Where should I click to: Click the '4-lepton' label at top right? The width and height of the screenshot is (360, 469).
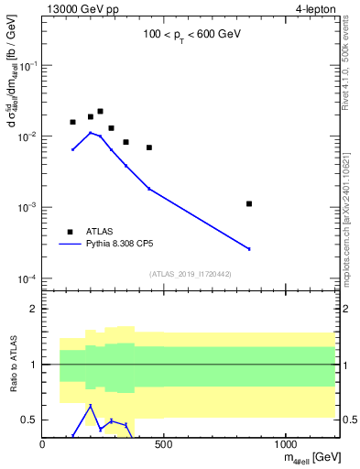pos(316,9)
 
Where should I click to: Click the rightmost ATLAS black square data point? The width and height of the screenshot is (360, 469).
pos(249,203)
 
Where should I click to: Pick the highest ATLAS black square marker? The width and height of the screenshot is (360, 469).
pos(100,111)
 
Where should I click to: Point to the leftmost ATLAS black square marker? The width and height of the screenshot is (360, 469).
pos(72,122)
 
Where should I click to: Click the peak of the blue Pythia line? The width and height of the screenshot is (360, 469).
pos(90,133)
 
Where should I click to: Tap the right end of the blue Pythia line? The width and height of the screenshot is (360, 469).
pos(249,248)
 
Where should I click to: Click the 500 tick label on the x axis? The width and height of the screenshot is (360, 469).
pos(164,445)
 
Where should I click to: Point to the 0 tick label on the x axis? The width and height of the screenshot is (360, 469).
pos(43,445)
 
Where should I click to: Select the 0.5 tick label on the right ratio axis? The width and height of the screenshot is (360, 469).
pos(349,420)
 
